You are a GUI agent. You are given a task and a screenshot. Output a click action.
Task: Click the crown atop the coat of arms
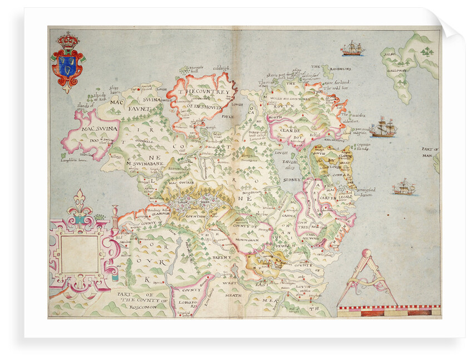(68, 40)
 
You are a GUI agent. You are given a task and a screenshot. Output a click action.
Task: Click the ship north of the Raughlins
(352, 49)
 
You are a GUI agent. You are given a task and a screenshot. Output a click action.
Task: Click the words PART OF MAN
(430, 153)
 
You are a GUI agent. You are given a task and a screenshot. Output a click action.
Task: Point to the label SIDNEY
(292, 180)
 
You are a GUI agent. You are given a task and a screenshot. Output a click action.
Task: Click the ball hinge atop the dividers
(366, 253)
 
